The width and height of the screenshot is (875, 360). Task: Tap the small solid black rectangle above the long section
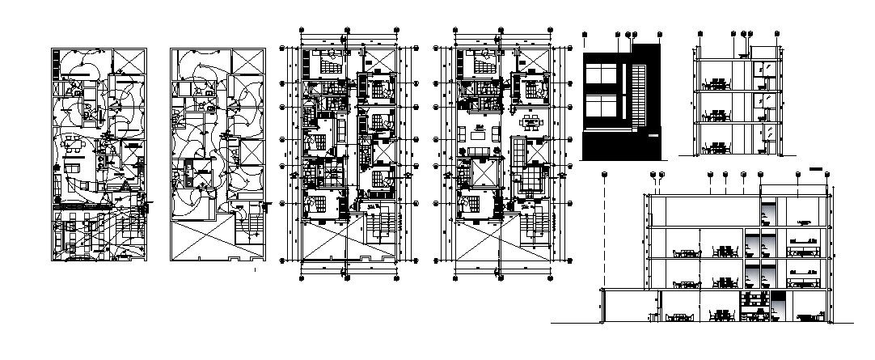815,169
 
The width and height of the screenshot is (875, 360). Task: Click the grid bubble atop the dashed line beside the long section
605,174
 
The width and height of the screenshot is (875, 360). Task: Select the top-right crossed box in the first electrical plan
128,61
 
